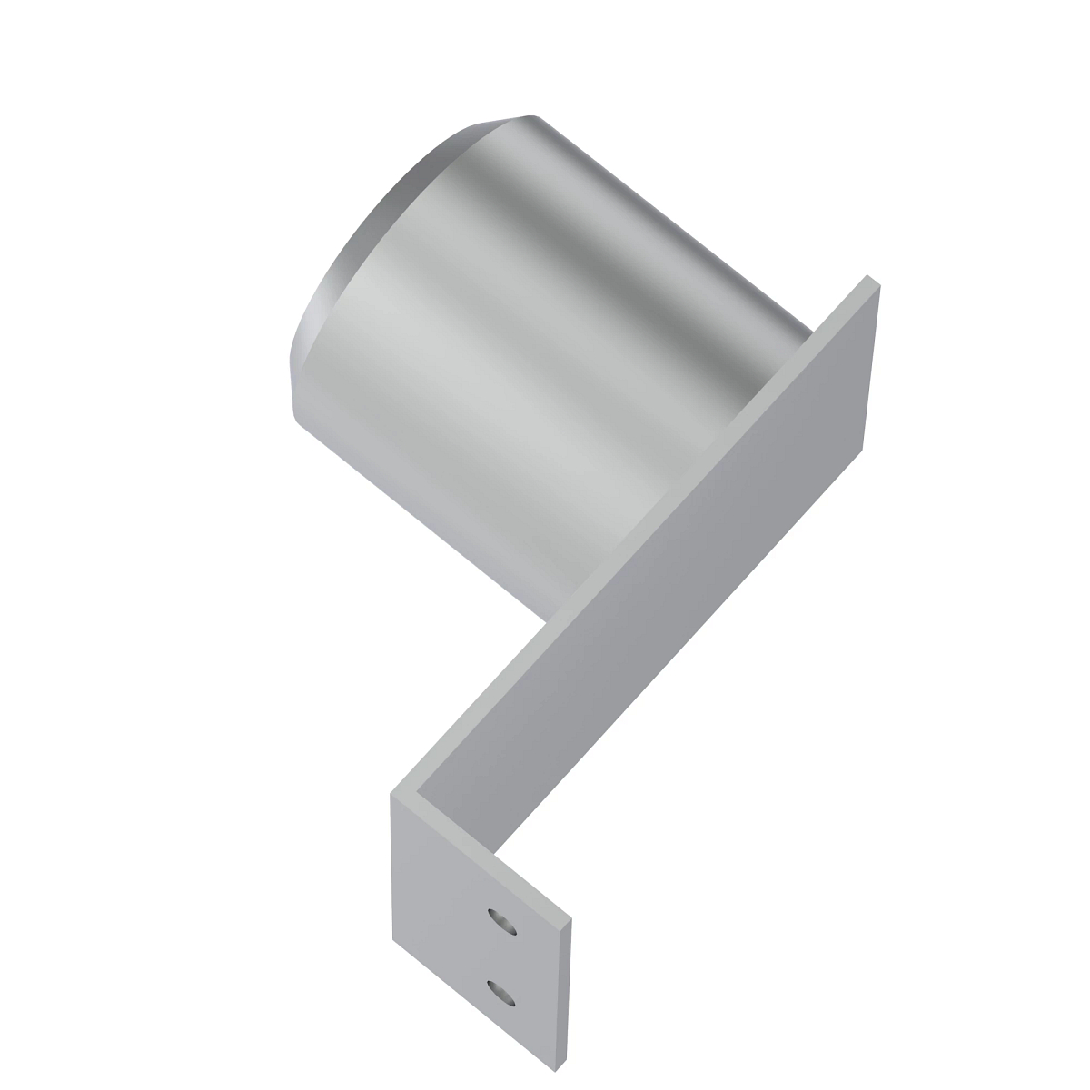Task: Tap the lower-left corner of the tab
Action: pyautogui.click(x=393, y=937)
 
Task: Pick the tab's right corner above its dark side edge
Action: pyautogui.click(x=574, y=925)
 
